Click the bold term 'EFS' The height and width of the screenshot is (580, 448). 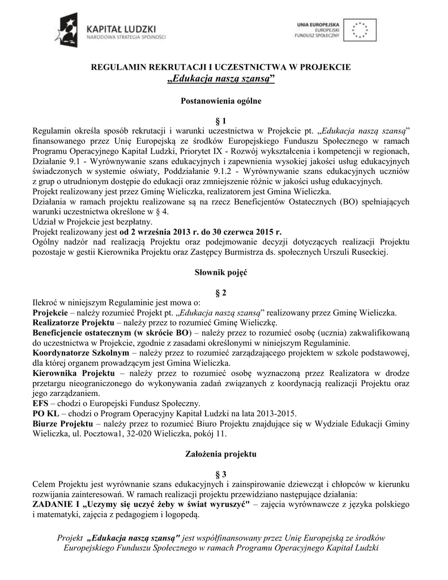[41, 403]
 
